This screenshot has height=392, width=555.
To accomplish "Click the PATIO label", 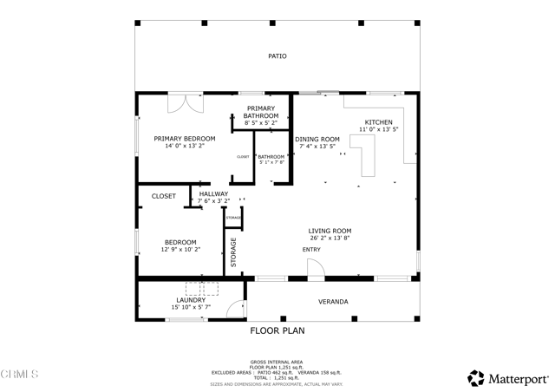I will point(277,56).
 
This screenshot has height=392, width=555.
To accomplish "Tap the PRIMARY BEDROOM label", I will point(184,139).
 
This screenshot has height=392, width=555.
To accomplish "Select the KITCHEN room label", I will point(378,122).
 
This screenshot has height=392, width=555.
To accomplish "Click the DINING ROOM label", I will point(317,139).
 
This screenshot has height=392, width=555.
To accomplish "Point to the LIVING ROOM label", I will point(330,231).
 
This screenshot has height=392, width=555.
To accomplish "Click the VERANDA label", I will point(332,302).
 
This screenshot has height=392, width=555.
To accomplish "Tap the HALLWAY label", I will point(213,194).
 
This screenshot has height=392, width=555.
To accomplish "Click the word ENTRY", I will point(311,250).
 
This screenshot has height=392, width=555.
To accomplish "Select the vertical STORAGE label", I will point(233,252).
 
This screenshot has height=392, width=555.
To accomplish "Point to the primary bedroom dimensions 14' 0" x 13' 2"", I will point(184,147).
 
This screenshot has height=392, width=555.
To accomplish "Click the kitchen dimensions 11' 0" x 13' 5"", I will point(378,130).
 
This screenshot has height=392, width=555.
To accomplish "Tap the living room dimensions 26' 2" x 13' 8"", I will point(330,238).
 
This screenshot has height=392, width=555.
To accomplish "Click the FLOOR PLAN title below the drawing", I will point(277,330).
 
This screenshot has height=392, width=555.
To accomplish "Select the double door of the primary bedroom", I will point(185,101).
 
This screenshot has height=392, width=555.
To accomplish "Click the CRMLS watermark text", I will point(20,374).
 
